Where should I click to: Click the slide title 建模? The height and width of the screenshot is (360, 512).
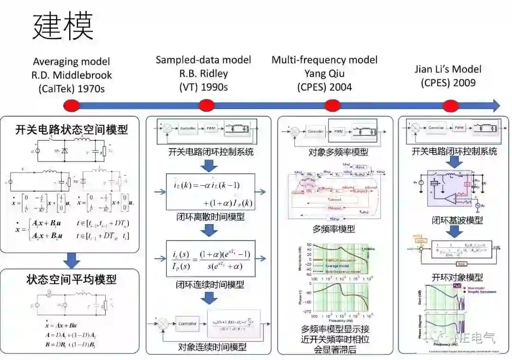click(63, 27)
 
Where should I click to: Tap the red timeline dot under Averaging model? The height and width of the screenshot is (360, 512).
click(71, 105)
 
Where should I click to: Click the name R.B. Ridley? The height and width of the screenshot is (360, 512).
click(204, 73)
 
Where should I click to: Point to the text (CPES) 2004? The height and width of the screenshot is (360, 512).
click(324, 87)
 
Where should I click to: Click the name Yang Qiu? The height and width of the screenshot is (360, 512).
click(325, 73)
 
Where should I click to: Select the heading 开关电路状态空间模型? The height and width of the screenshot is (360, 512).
click(72, 129)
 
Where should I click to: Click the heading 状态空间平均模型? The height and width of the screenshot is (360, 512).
click(72, 279)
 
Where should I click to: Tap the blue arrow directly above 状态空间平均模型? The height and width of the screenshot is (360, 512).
click(72, 260)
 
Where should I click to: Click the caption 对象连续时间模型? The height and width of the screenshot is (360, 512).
click(212, 347)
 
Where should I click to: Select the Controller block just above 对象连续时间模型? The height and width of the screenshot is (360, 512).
click(187, 324)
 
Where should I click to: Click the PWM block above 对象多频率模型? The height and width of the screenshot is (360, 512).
click(338, 131)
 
